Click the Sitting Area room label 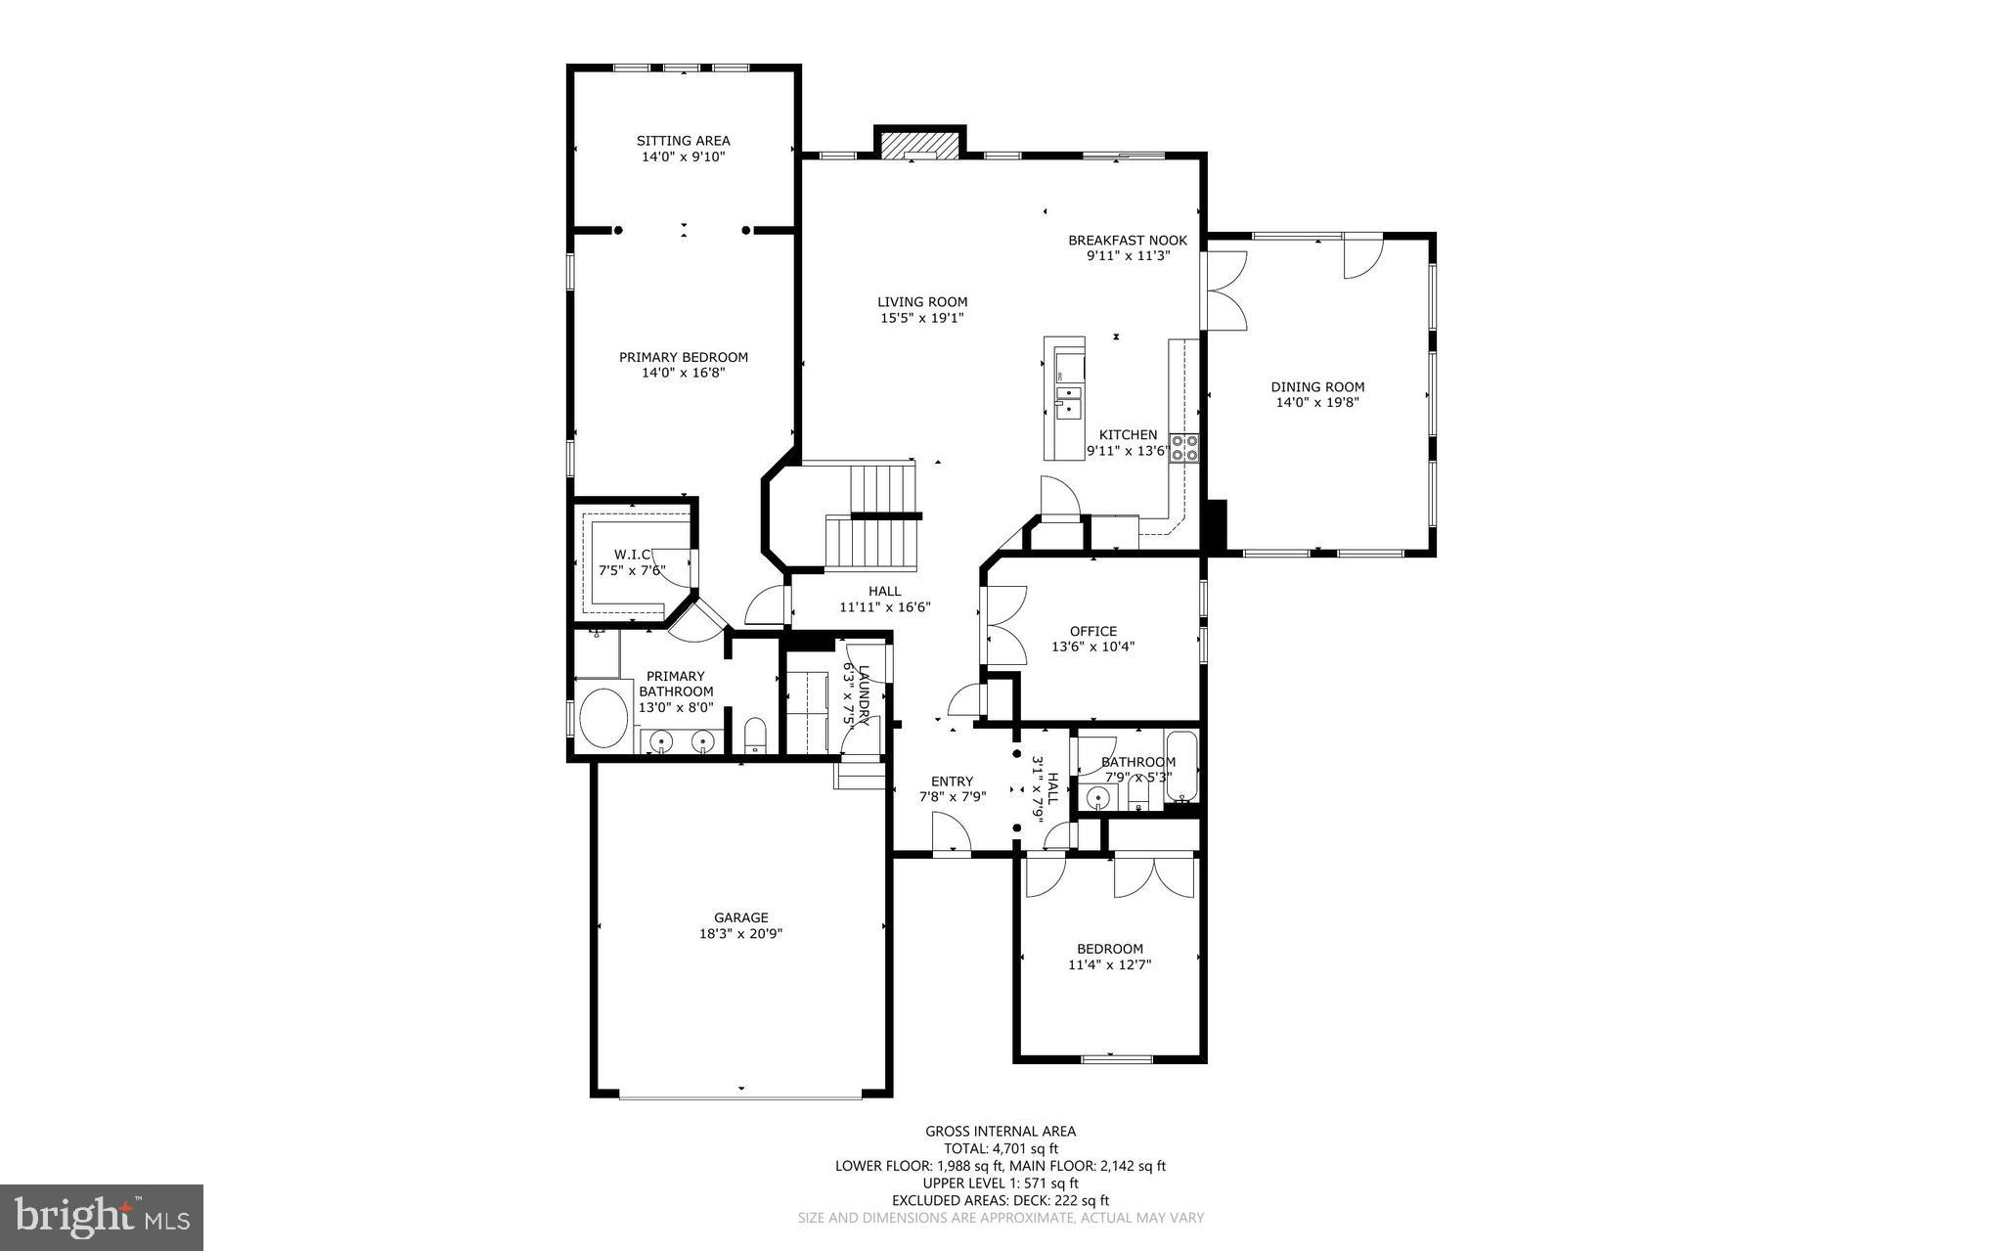pyautogui.click(x=683, y=141)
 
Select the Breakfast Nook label pyautogui.click(x=1127, y=241)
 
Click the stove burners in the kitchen pyautogui.click(x=1184, y=448)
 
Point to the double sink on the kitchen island pyautogui.click(x=1069, y=401)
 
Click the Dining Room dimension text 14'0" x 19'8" pyautogui.click(x=1316, y=402)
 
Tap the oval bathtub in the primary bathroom pyautogui.click(x=603, y=719)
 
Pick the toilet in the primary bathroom pyautogui.click(x=755, y=736)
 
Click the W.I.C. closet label pyautogui.click(x=632, y=555)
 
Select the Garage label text pyautogui.click(x=740, y=917)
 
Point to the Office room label pyautogui.click(x=1092, y=631)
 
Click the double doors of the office pyautogui.click(x=1004, y=626)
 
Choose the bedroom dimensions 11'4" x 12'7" pyautogui.click(x=1109, y=964)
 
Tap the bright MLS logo pyautogui.click(x=101, y=1217)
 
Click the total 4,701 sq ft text pyautogui.click(x=1000, y=1149)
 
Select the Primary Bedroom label pyautogui.click(x=683, y=357)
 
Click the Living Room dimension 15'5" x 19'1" pyautogui.click(x=921, y=318)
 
